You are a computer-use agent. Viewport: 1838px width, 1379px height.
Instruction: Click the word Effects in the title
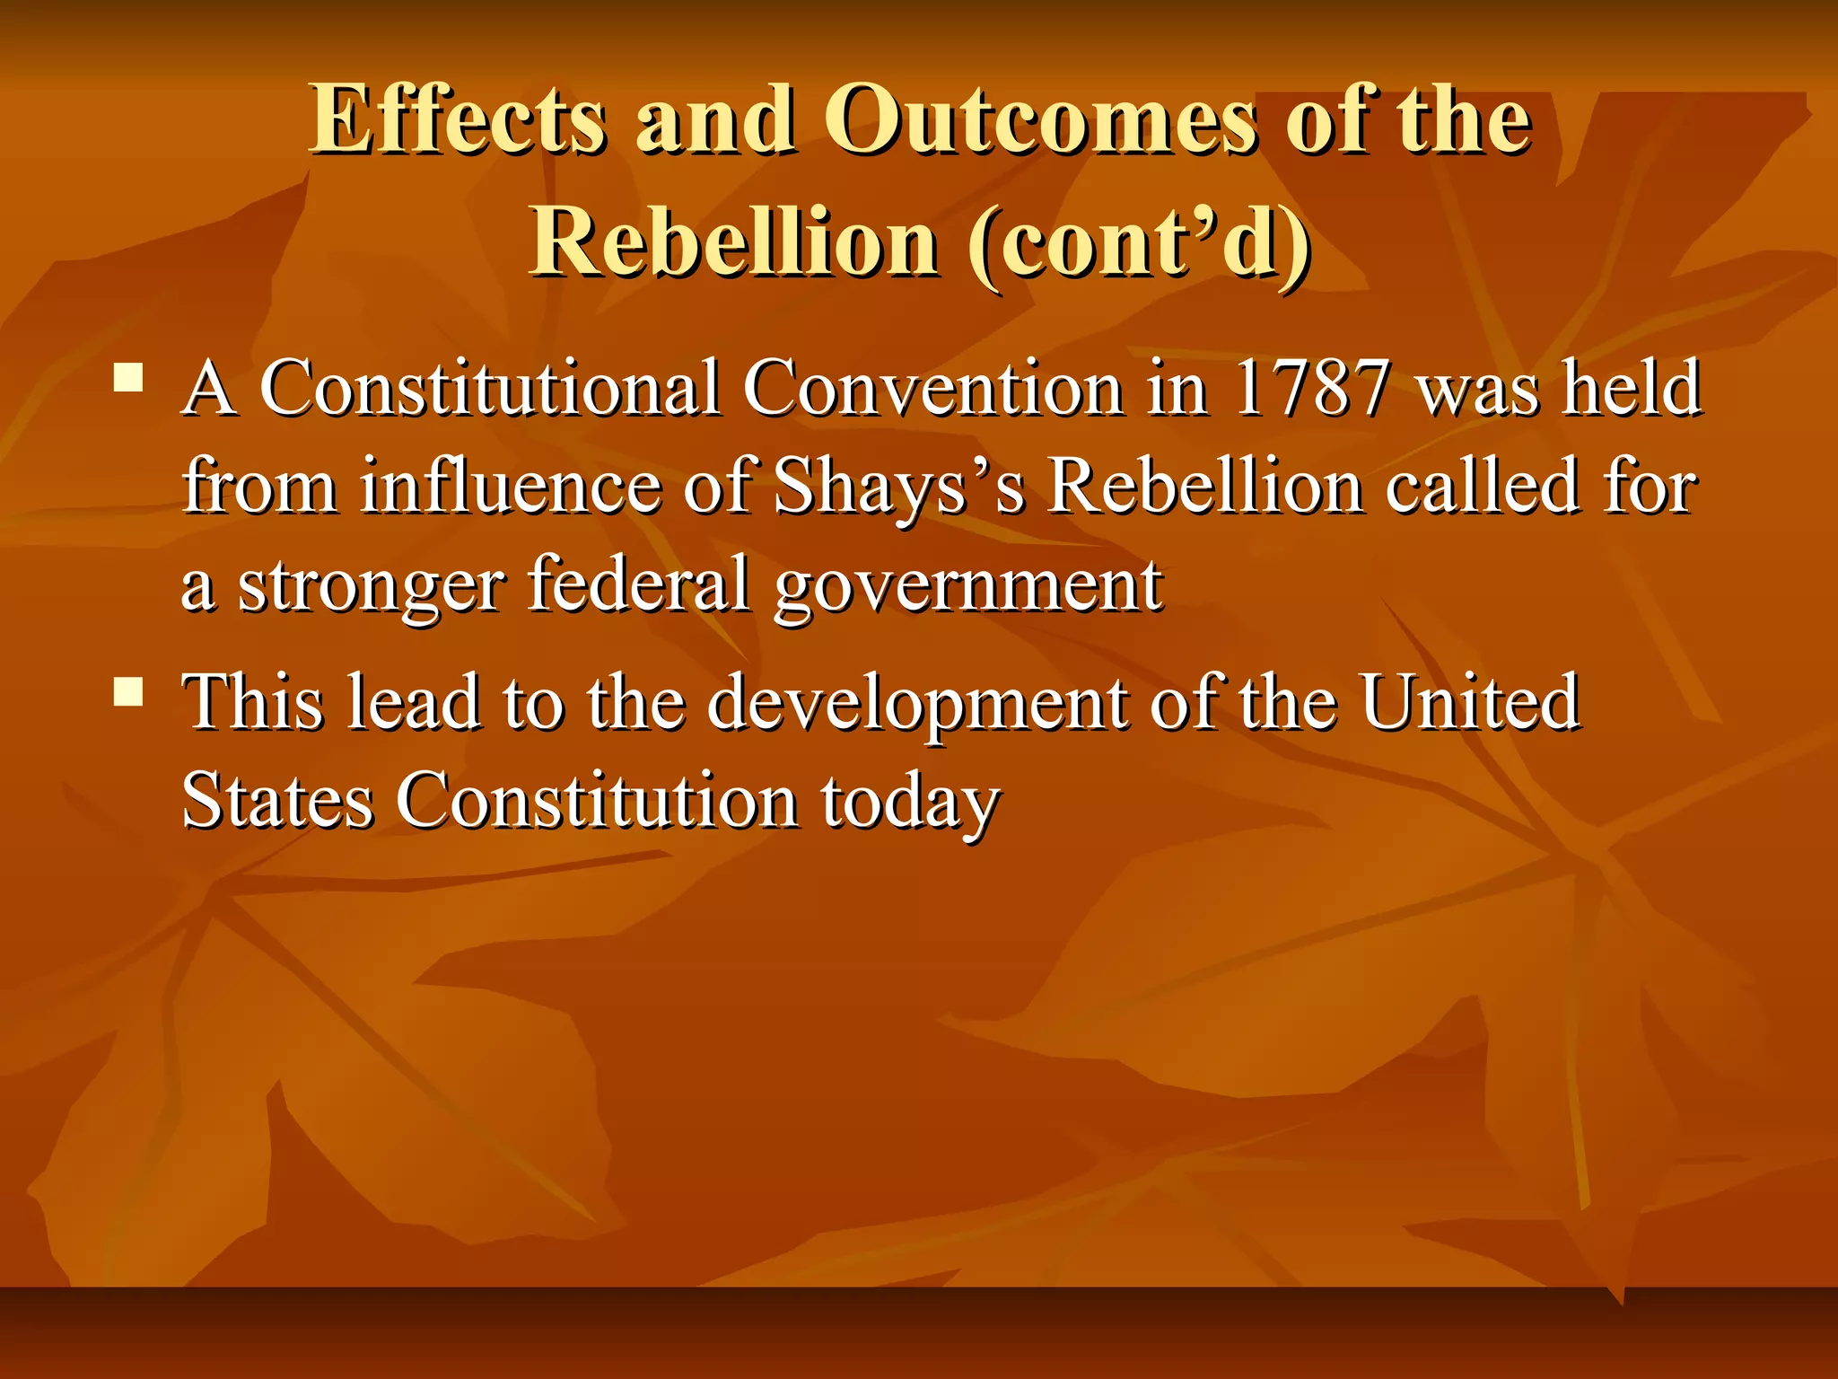point(458,119)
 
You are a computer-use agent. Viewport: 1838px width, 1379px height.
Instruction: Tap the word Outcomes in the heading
point(1039,119)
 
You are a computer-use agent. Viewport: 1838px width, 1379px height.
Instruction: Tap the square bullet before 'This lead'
point(129,690)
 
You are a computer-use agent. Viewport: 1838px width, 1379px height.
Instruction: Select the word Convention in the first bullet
point(932,389)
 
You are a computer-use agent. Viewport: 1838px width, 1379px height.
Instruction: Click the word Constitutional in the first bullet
point(490,389)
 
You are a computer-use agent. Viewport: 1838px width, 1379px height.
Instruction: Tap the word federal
point(638,584)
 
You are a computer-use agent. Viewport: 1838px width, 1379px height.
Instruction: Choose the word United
point(1469,701)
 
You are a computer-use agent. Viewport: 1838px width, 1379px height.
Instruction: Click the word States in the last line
point(277,800)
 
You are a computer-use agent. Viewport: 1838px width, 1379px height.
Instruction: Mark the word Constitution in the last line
point(597,800)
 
